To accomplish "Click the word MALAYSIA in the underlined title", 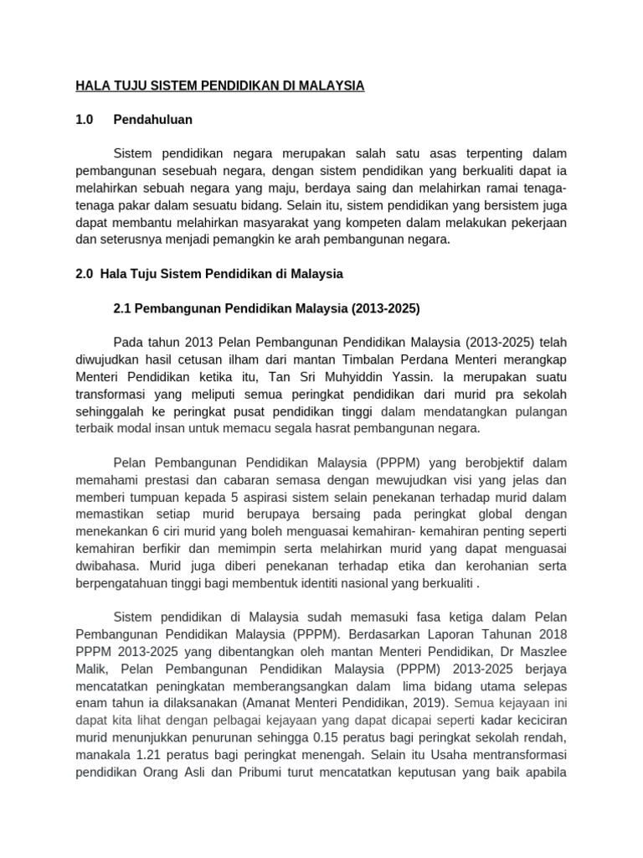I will [330, 85].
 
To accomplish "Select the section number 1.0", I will [85, 120].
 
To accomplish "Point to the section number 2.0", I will [85, 274].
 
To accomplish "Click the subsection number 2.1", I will [123, 308].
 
